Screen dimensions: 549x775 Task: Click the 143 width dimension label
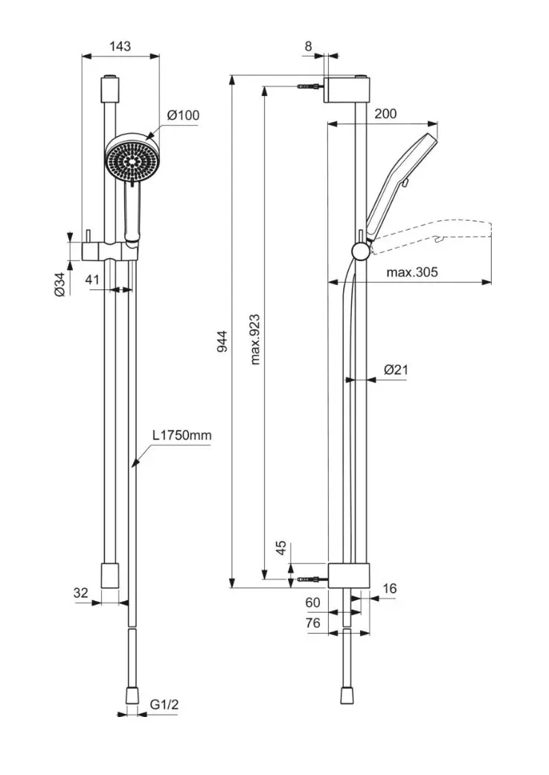120,46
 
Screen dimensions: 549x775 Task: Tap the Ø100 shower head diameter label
183,115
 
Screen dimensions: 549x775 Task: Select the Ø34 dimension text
60,285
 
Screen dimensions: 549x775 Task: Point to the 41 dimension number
92,279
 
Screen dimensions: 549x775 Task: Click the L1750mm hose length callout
182,435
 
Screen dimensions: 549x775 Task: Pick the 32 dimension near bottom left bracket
80,592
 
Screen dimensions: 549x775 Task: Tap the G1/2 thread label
164,704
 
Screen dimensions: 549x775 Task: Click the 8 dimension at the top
309,46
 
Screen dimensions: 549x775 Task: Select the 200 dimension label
385,114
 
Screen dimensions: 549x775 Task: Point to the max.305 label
412,271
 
